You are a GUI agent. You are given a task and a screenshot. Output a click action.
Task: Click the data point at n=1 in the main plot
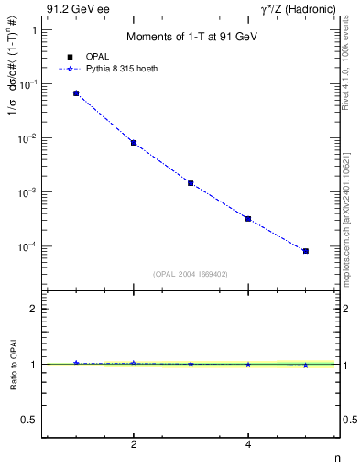pos(76,93)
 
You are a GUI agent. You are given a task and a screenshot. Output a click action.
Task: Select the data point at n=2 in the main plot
pos(134,143)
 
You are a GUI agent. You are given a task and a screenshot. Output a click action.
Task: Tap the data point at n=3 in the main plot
pos(191,183)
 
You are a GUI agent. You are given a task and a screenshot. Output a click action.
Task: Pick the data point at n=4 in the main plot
pos(248,219)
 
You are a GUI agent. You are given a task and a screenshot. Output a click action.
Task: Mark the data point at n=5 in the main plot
pos(306,251)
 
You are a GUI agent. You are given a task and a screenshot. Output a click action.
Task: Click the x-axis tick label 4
pos(248,445)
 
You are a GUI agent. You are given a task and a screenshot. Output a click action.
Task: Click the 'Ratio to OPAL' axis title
pos(13,364)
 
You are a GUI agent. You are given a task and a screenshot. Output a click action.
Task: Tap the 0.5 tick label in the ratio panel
pos(27,420)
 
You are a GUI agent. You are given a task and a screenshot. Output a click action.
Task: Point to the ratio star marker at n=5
pos(306,365)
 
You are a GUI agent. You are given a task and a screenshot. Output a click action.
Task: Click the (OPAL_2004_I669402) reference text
pos(191,273)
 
